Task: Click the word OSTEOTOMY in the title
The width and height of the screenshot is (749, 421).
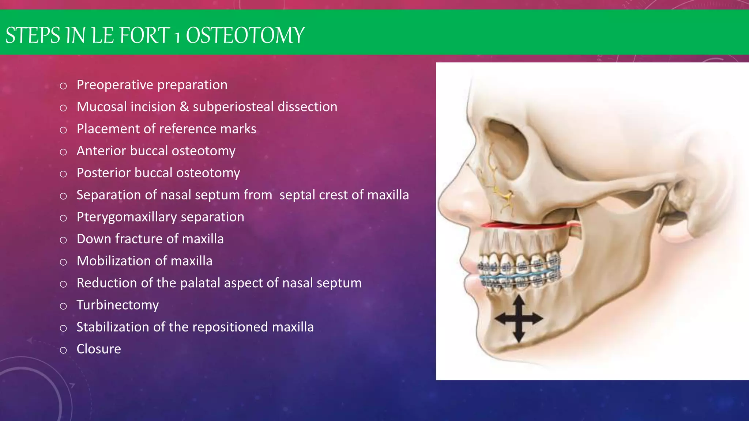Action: pos(245,35)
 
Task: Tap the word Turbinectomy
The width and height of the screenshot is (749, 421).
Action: pos(117,305)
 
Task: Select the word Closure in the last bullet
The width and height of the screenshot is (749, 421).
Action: pos(98,349)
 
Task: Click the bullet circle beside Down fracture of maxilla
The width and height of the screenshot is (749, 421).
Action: pos(63,240)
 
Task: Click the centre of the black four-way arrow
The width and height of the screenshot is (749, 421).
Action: pos(519,319)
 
